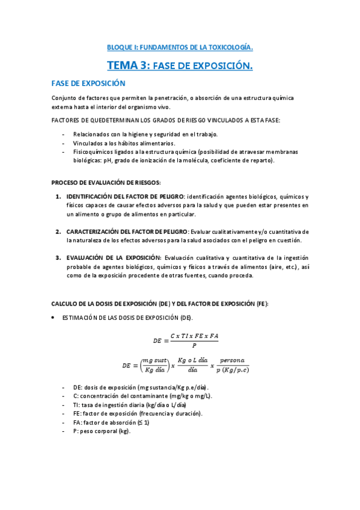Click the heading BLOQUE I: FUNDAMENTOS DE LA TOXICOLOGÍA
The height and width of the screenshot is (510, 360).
[x=180, y=46]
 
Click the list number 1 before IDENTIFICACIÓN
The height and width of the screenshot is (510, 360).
[x=58, y=197]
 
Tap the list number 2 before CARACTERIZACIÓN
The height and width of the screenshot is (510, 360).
[x=58, y=232]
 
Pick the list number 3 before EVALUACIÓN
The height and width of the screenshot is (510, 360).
[x=58, y=258]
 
